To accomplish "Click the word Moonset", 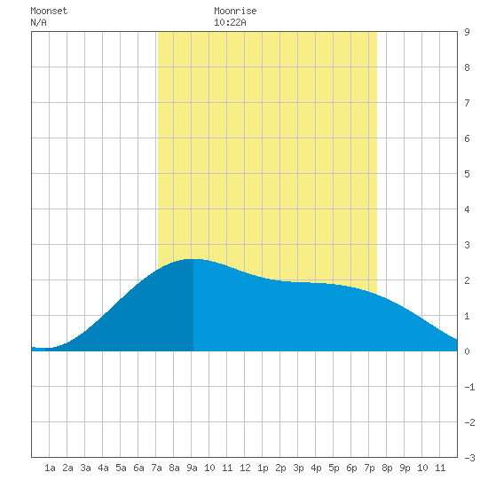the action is (x=49, y=11).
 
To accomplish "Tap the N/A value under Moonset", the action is (x=38, y=22).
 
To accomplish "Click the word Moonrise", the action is (x=235, y=11).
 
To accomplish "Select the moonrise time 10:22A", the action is (x=230, y=22).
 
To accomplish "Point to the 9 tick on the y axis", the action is (x=467, y=32).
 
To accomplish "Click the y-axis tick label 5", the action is (x=467, y=174).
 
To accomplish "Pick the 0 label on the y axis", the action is (x=467, y=351).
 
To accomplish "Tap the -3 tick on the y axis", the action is (x=469, y=458).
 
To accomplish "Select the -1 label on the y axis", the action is (x=469, y=387).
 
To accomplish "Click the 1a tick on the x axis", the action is (x=50, y=468).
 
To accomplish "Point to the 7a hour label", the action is (x=156, y=468).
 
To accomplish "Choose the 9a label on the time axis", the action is (x=192, y=468).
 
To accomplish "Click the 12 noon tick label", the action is (x=245, y=468).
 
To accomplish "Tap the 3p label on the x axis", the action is (x=298, y=468).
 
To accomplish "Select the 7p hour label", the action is (x=369, y=468).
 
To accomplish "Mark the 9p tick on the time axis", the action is (x=405, y=468).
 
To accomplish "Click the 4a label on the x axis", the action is (x=103, y=468).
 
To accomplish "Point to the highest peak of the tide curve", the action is (x=193, y=259).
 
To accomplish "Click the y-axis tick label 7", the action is (x=467, y=103).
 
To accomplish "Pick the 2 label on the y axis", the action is (x=467, y=280).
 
